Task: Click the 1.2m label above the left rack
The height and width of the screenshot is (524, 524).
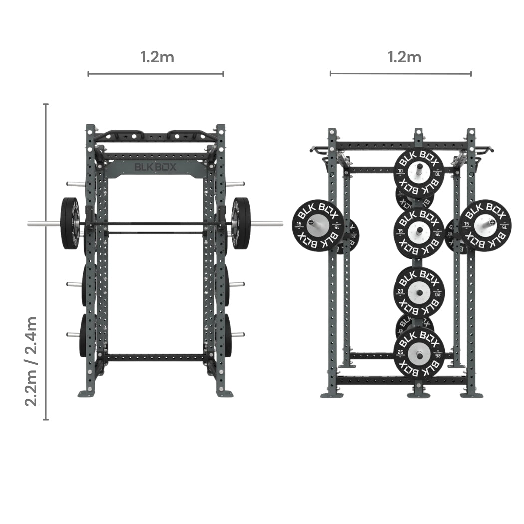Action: (157, 57)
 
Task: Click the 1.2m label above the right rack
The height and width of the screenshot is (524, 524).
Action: (404, 57)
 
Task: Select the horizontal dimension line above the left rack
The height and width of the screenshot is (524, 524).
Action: (155, 74)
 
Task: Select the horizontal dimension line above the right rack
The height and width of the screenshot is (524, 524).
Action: (400, 74)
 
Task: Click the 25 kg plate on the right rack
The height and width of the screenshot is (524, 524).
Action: (419, 353)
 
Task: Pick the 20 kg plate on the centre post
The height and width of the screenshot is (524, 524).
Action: (419, 292)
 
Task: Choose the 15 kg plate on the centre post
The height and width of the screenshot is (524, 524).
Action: (419, 232)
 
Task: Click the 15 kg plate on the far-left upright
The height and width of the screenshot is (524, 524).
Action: (318, 225)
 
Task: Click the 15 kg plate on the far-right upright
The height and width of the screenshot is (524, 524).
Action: (485, 225)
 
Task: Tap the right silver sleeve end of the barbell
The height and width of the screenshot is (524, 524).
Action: (267, 223)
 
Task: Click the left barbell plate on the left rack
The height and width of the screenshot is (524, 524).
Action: (70, 223)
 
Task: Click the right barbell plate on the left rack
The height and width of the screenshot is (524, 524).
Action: (241, 223)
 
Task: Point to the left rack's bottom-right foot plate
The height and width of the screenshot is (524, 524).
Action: (224, 393)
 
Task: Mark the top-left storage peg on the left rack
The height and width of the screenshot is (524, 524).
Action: (75, 184)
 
